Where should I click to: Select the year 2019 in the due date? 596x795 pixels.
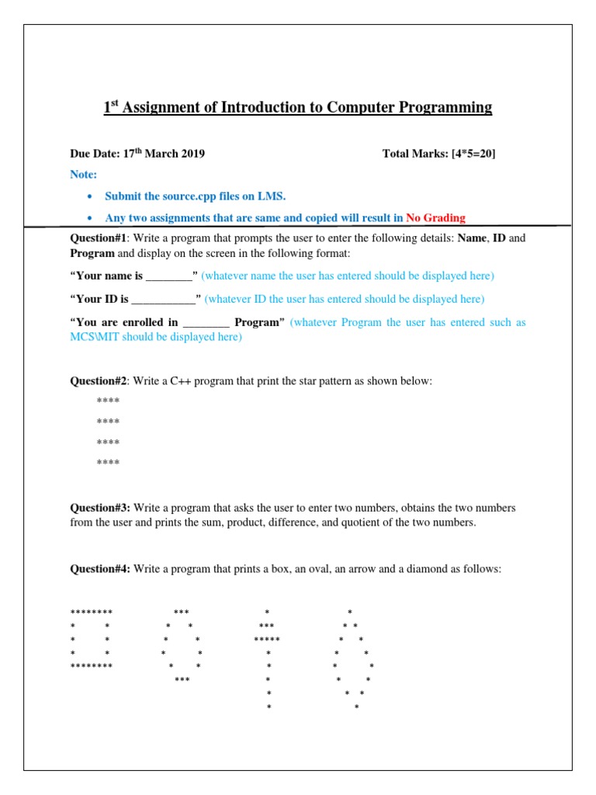[x=189, y=154]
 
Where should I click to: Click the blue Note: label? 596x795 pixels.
[x=84, y=175]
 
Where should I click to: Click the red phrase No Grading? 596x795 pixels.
[x=435, y=218]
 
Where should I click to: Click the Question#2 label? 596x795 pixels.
[x=99, y=381]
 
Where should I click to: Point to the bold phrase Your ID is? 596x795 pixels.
[x=102, y=299]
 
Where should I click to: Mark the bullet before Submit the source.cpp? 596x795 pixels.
[x=90, y=196]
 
